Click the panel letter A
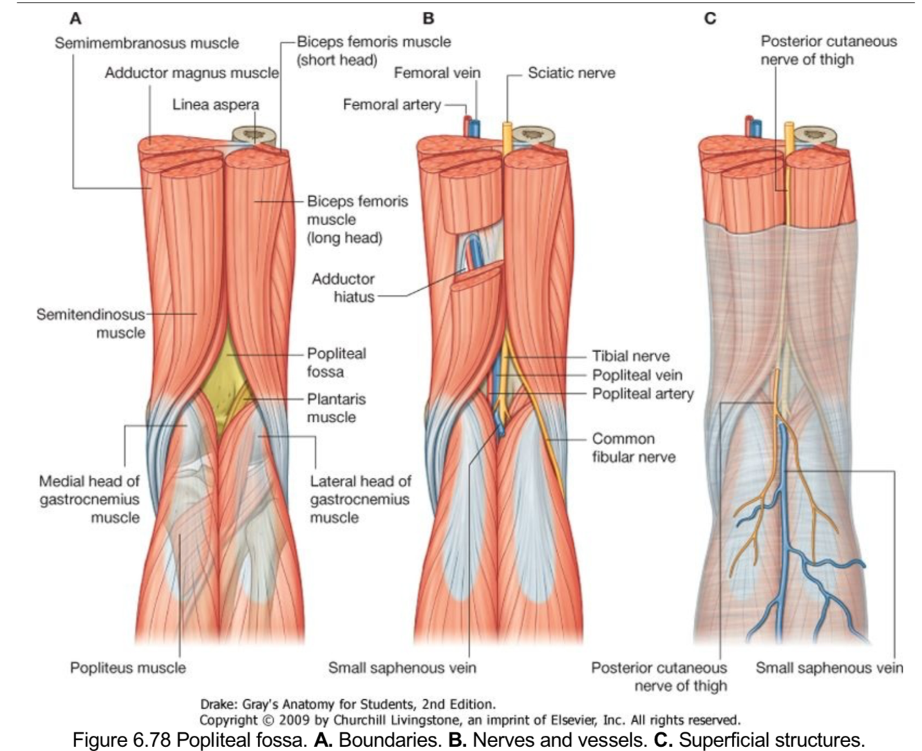[75, 19]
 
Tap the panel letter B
[429, 19]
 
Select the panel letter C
[710, 19]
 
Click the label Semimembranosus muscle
[147, 43]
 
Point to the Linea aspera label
[216, 105]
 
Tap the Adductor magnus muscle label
[191, 73]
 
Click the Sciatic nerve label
[571, 73]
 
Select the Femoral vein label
[437, 73]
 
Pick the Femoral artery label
[392, 104]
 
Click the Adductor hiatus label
[343, 288]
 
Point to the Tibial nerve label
[630, 356]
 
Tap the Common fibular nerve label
[633, 448]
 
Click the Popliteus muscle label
[128, 667]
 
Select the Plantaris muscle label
[336, 408]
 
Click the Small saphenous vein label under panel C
[829, 667]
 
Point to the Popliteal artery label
[642, 393]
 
